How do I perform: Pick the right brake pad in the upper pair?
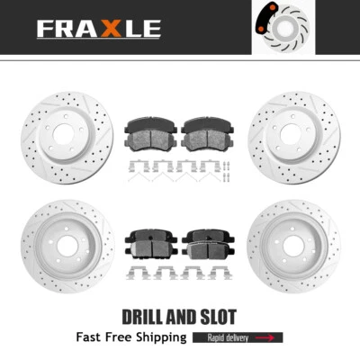pos(206,134)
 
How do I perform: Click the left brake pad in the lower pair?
pos(152,240)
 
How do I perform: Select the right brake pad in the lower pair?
pos(206,240)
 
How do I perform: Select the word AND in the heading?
pos(181,316)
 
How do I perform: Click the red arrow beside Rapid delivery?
pos(266,338)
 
